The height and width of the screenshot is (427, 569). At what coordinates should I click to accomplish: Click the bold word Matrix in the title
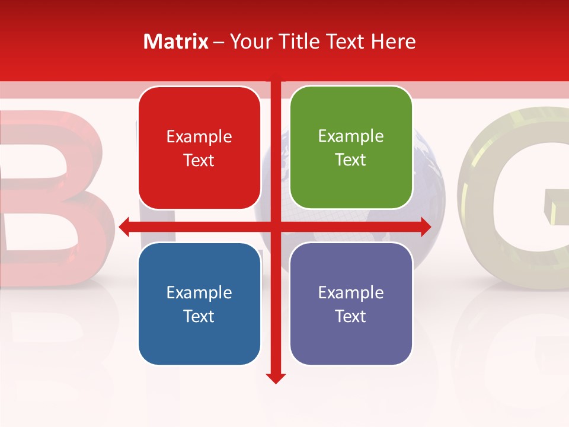[x=176, y=42]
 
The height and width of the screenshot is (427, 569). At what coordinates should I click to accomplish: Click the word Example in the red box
[x=199, y=137]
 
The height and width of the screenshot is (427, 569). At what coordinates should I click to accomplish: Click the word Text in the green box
[x=351, y=160]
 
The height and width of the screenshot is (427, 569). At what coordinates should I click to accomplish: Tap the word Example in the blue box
[x=199, y=292]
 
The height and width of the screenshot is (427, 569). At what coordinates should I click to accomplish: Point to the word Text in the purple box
[x=351, y=316]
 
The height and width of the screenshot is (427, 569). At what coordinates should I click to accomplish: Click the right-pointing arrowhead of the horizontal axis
[x=425, y=226]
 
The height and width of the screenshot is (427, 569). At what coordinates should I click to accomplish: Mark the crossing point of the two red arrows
[x=276, y=226]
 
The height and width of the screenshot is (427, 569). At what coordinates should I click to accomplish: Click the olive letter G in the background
[x=516, y=196]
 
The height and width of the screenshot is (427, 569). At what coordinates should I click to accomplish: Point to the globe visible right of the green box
[x=428, y=178]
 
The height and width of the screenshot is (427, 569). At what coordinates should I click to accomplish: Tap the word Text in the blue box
[x=199, y=316]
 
